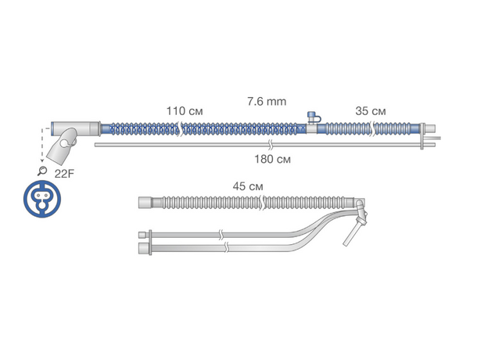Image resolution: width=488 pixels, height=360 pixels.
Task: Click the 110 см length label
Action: [x=185, y=111]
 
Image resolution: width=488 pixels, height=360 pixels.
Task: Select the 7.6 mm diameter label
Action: [x=267, y=102]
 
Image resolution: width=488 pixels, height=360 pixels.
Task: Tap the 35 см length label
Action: [x=371, y=111]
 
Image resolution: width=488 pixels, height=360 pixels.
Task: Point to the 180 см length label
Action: [x=273, y=159]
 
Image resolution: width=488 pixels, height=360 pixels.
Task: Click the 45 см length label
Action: [x=248, y=186]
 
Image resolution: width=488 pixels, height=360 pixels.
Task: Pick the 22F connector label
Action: [x=64, y=174]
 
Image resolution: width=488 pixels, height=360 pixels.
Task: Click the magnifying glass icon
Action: [x=42, y=171]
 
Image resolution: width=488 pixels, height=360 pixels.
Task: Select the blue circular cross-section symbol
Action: [x=42, y=199]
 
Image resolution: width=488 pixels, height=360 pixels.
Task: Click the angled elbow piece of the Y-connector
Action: [x=63, y=146]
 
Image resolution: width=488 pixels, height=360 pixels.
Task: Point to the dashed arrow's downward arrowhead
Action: [x=42, y=160]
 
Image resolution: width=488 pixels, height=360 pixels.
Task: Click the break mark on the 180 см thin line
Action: [x=271, y=145]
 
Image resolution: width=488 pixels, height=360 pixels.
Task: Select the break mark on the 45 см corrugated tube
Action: [x=262, y=203]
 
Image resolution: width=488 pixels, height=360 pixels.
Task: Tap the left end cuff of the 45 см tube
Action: [x=145, y=203]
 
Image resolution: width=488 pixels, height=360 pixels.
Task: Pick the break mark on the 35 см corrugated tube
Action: [x=373, y=129]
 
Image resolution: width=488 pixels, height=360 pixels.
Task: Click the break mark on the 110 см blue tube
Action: [x=180, y=129]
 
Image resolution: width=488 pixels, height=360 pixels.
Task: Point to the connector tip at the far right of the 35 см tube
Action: [x=430, y=128]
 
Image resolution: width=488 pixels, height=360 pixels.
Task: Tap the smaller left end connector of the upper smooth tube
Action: [x=142, y=235]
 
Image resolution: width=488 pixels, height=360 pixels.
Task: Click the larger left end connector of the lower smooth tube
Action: [x=143, y=248]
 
